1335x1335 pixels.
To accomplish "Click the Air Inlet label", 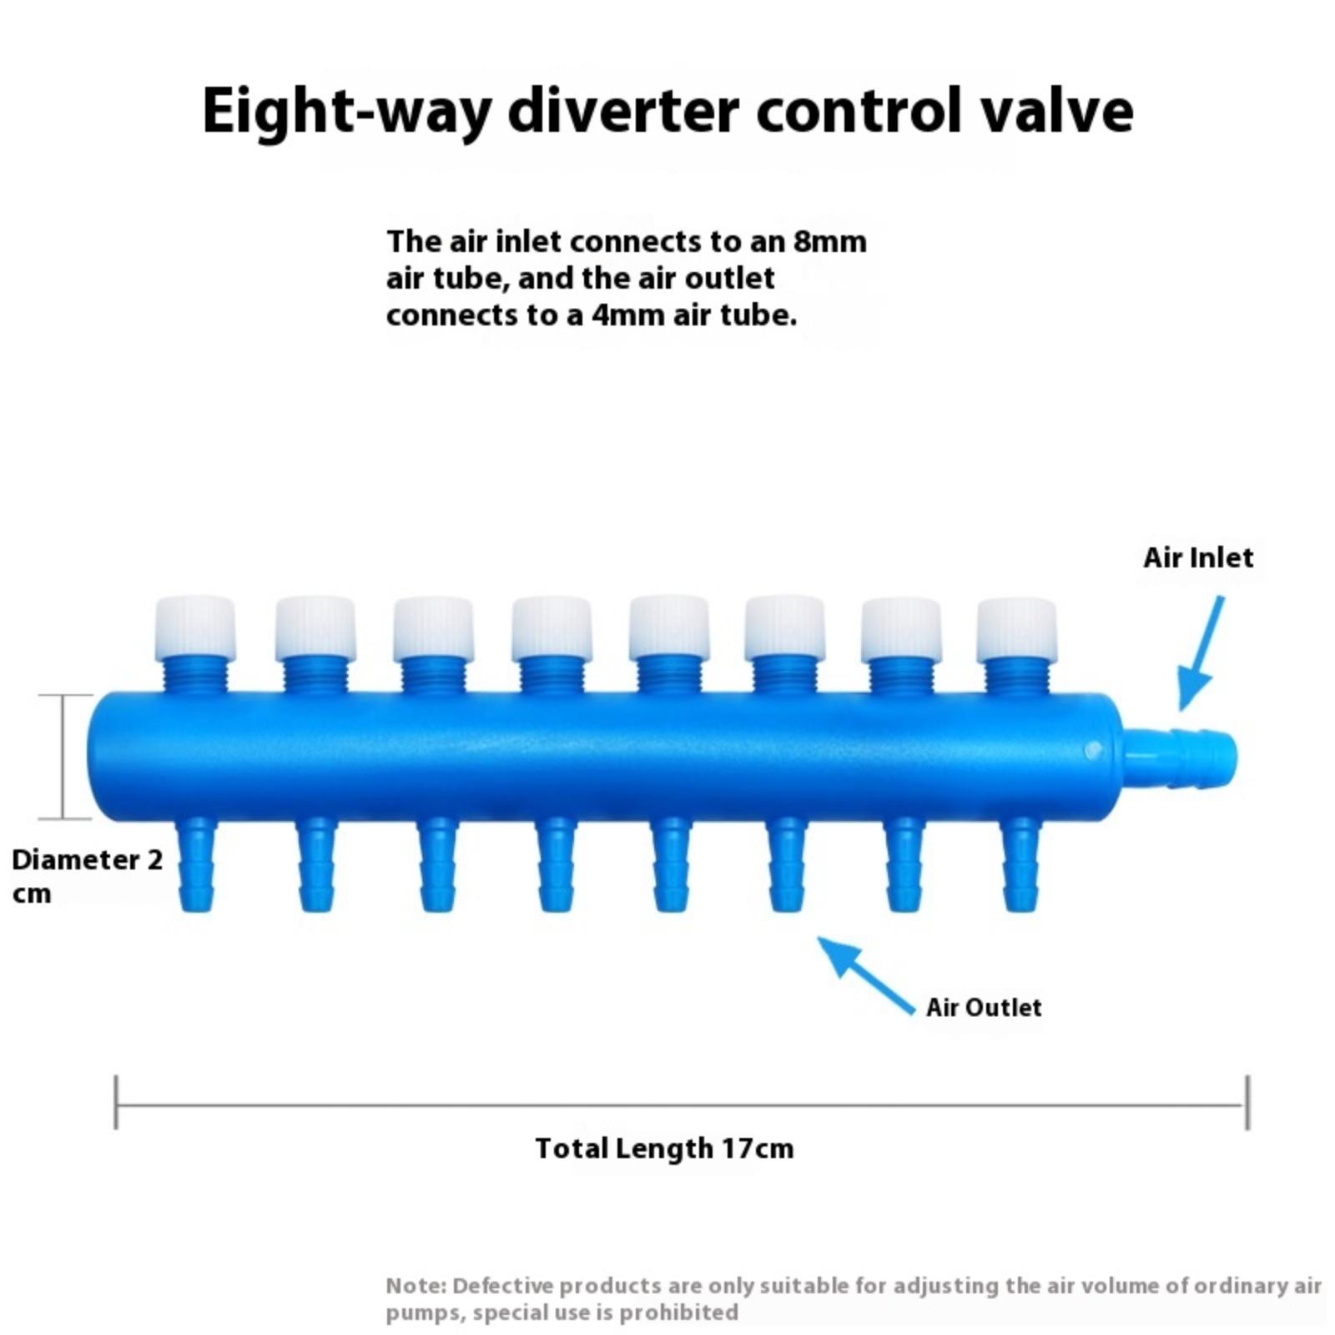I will pos(1197,557).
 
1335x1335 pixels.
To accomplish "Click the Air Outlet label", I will pos(984,1007).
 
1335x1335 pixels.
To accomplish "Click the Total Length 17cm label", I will pos(664,1148).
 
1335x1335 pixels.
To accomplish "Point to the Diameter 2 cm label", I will pos(87,875).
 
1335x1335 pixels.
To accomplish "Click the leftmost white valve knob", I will pos(195,627).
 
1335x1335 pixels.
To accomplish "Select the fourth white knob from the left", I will pos(552,627).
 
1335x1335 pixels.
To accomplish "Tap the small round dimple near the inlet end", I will pos(1092,751).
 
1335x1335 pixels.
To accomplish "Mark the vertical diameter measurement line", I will pos(63,756).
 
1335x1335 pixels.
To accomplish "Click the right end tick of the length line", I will pos(1247,1102).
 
